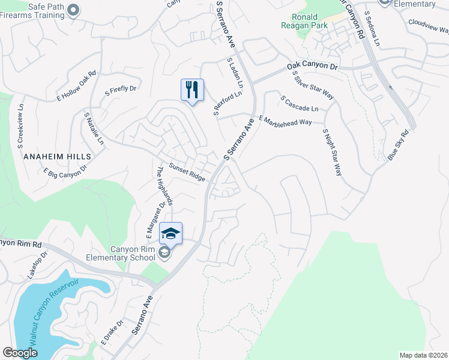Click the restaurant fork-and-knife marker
[192, 90]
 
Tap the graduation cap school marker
[170, 233]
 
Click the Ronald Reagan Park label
[305, 21]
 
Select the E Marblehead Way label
[285, 120]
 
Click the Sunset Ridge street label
[187, 172]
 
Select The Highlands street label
[164, 185]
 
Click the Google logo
[20, 353]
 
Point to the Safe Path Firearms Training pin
[73, 9]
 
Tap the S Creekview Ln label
[20, 125]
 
